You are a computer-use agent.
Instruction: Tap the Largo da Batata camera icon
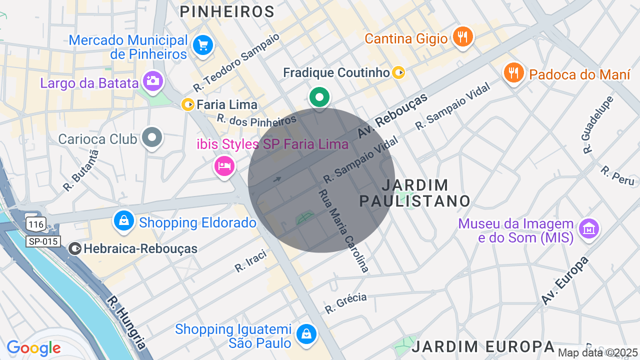152,81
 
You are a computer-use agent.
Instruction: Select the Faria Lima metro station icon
188,104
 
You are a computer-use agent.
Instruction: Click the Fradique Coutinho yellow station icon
398,73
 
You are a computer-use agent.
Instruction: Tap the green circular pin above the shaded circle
319,97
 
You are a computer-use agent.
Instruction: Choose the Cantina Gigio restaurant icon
463,37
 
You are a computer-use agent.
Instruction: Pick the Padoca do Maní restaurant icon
513,73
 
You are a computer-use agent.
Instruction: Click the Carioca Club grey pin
152,137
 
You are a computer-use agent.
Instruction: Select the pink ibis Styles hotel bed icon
224,165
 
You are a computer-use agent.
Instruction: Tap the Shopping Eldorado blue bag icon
123,220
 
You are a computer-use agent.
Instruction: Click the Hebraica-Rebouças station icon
75,248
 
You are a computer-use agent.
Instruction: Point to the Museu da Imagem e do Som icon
588,229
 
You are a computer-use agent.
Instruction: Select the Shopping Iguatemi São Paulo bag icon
305,334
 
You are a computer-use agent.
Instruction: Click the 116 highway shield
36,224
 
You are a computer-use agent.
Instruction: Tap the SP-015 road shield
43,242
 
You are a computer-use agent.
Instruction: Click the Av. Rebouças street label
392,116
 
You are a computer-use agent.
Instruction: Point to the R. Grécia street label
345,303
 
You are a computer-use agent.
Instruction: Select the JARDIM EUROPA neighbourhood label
483,346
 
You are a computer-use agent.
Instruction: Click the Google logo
33,348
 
